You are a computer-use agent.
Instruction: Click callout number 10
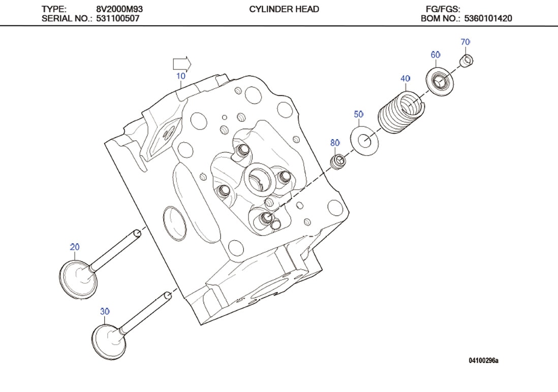[180, 76]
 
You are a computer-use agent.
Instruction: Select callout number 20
[75, 247]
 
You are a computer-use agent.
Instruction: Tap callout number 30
[104, 311]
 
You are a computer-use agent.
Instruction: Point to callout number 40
[405, 79]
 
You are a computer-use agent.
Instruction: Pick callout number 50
[359, 115]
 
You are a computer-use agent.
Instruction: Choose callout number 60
[435, 55]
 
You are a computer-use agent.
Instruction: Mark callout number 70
[465, 42]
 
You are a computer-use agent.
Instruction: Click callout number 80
[335, 143]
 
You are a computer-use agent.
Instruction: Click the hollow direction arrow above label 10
[182, 63]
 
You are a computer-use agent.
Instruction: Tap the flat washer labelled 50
[365, 140]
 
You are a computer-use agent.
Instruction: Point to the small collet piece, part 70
[467, 61]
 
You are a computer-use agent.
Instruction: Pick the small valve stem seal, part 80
[337, 162]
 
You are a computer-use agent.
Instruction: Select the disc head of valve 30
[108, 341]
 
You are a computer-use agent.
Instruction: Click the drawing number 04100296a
[483, 361]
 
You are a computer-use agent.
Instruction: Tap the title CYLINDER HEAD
[284, 9]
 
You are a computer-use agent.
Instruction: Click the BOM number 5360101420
[488, 19]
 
